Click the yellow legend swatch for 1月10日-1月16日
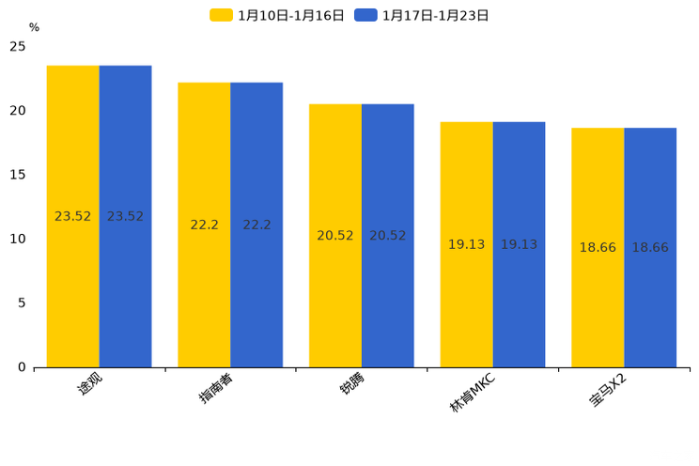click(221, 15)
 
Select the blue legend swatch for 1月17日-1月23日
click(365, 15)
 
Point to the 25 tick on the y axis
click(18, 46)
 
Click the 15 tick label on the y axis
click(18, 175)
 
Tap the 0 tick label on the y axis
click(22, 367)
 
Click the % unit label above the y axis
click(34, 28)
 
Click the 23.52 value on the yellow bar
click(73, 216)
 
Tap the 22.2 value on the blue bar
click(256, 225)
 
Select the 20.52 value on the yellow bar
click(335, 236)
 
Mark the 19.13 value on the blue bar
click(519, 244)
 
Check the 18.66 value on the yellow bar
click(598, 248)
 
